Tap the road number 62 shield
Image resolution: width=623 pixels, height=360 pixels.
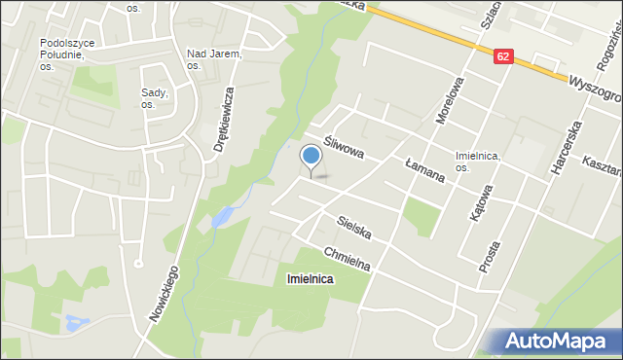(x=501, y=57)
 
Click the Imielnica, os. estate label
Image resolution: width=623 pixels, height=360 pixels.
(x=477, y=162)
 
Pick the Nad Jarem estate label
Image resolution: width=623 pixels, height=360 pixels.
(x=213, y=59)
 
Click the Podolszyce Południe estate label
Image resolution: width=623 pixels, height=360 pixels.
(x=67, y=54)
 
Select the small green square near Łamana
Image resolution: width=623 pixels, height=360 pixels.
(x=420, y=216)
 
